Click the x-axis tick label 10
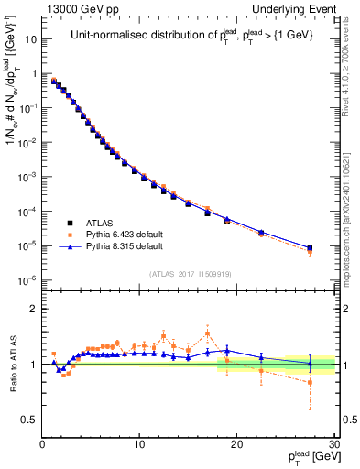point(138,444)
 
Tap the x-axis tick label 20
point(236,444)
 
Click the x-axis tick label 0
point(42,444)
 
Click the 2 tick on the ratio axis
point(34,309)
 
